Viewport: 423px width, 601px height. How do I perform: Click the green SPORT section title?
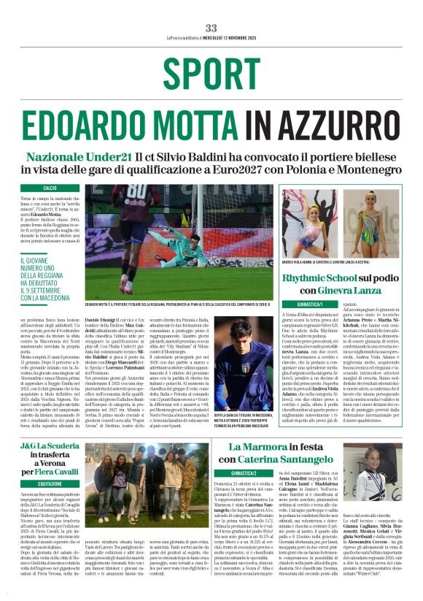point(211,72)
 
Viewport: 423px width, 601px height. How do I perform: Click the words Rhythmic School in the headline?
point(313,278)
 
